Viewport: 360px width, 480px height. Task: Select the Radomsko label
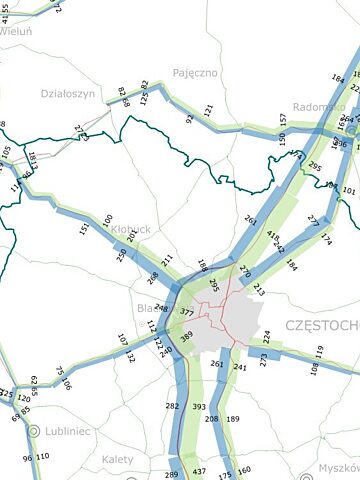point(320,107)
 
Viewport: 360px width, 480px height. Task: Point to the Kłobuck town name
point(131,229)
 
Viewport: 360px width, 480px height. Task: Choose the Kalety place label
point(118,459)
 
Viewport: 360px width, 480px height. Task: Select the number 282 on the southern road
point(172,406)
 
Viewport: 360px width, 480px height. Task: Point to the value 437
point(199,471)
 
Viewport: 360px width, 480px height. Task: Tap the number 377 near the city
point(186,313)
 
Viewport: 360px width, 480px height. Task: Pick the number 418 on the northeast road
point(271,236)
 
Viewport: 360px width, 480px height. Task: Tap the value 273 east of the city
point(264,360)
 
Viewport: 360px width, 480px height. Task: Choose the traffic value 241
point(239,366)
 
